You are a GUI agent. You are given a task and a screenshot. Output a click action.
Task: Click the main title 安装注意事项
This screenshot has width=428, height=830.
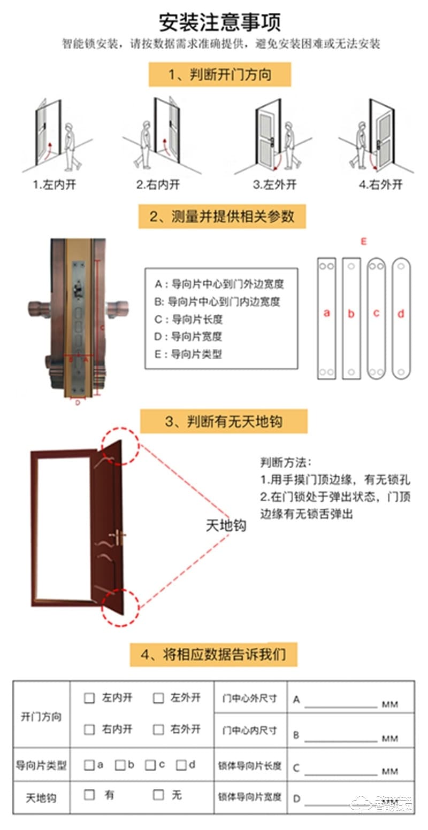tap(219, 22)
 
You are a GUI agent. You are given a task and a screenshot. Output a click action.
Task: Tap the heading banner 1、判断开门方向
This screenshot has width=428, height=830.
tap(219, 74)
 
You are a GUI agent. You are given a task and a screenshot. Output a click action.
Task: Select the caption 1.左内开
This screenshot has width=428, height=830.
tap(54, 185)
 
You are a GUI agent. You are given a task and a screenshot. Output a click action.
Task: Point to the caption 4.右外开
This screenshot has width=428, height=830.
tap(380, 185)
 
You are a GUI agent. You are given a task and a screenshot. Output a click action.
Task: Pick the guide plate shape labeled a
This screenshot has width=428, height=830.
tap(326, 319)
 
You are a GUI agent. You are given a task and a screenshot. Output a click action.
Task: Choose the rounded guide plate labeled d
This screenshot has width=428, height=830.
tap(401, 319)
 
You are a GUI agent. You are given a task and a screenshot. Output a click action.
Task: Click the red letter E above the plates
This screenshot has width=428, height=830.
tap(364, 242)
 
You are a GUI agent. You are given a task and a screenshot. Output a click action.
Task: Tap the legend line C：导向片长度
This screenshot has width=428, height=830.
tap(188, 320)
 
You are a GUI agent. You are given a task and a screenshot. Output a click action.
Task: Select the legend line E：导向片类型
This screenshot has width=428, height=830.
tap(188, 354)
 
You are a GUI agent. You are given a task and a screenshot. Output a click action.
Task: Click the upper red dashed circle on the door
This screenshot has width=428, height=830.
tap(121, 445)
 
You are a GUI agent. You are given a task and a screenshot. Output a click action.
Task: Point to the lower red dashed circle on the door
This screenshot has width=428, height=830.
tap(121, 608)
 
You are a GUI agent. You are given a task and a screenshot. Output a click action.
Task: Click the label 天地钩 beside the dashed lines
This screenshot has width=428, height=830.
tap(226, 525)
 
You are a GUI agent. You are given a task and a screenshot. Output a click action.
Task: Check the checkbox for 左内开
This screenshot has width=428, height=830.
tap(89, 698)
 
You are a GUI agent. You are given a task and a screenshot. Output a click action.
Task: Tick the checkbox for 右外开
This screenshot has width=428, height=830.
tap(158, 729)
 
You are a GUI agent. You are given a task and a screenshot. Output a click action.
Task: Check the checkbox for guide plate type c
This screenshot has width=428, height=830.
tap(150, 765)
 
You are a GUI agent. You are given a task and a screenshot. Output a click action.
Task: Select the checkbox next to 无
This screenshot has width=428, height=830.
tap(158, 795)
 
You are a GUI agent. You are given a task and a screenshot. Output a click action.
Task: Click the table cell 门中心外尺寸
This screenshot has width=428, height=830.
tap(250, 698)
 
